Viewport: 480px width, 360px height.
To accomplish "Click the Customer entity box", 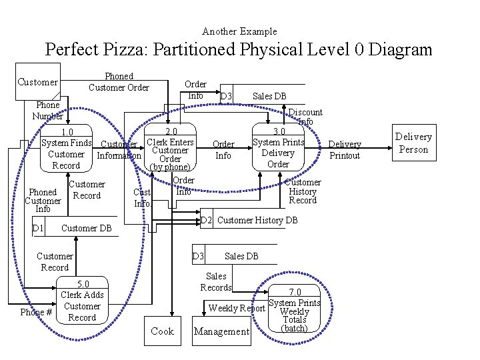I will click(37, 82).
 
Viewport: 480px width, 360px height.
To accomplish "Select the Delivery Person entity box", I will click(413, 143).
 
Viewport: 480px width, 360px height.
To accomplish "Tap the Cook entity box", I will click(162, 331).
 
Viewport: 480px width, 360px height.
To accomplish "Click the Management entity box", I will click(221, 331).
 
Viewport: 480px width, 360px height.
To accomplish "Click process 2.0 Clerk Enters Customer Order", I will click(171, 149).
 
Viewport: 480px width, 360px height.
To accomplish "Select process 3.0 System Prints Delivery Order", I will click(278, 147).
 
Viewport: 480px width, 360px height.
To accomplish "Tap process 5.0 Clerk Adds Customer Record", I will click(82, 301).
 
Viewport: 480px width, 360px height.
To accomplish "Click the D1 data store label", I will click(39, 229).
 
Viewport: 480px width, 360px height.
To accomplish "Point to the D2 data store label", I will click(206, 220).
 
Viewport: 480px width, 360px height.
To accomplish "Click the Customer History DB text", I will click(257, 220).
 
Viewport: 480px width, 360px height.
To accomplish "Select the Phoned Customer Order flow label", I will click(119, 82).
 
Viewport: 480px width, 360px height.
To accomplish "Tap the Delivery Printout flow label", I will click(345, 150).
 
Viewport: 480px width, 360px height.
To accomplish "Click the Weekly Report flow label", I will click(237, 308).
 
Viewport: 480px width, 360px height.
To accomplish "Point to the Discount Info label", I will click(305, 117).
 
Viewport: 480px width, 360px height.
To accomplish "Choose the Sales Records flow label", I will click(216, 281).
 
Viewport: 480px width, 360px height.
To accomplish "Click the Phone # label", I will click(36, 312).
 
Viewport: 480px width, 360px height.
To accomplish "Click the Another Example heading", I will click(239, 31).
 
